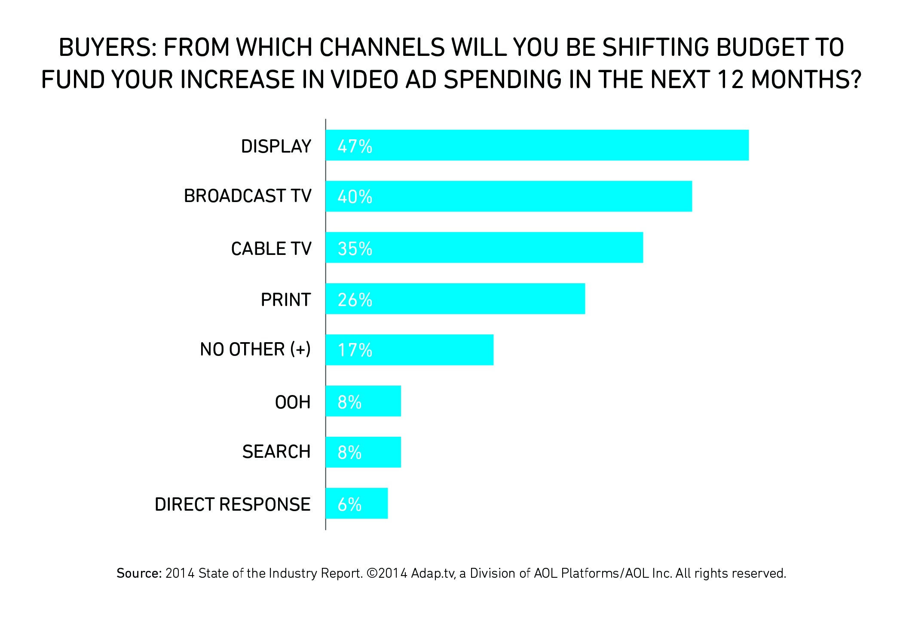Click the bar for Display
[537, 145]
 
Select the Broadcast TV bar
[508, 196]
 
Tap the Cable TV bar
[484, 248]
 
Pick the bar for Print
[455, 299]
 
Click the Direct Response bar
[356, 503]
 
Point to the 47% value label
[355, 146]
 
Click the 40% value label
[355, 197]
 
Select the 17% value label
[355, 350]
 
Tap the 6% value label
[349, 504]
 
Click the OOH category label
[293, 402]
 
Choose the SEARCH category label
[276, 452]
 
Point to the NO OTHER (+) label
[255, 349]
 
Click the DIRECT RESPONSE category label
[233, 504]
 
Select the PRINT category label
[286, 300]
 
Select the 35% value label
[355, 248]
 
